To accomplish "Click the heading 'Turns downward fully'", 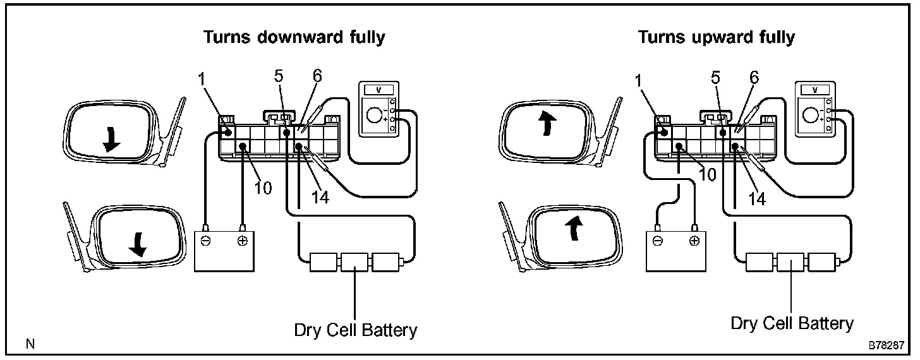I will pos(294,37).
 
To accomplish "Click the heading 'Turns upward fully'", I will pos(716,37).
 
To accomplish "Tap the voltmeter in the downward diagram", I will pos(378,109).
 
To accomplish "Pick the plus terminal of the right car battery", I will pos(694,241).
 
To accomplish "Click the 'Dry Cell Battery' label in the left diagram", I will pos(356,330).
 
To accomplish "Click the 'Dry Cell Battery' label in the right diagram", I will pos(792,323).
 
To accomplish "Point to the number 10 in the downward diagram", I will pos(264,188).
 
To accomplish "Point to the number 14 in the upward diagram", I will pos(756,199).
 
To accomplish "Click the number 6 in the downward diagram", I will pos(317,76).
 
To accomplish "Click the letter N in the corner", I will pos(30,344).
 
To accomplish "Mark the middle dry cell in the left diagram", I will pos(355,261).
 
